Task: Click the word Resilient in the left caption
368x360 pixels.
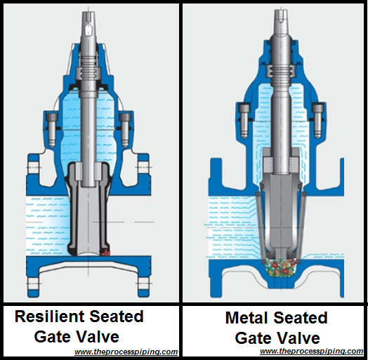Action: click(x=50, y=316)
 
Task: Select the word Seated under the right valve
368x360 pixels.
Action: click(x=301, y=318)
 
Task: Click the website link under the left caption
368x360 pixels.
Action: click(x=126, y=352)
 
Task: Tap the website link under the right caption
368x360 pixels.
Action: click(x=312, y=351)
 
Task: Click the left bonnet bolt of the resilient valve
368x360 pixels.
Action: click(x=52, y=130)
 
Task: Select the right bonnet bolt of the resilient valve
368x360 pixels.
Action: click(x=125, y=130)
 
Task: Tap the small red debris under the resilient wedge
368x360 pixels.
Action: click(x=105, y=253)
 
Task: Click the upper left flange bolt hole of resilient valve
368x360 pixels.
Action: click(x=33, y=168)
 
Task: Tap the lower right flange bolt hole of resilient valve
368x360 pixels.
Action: click(x=143, y=284)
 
